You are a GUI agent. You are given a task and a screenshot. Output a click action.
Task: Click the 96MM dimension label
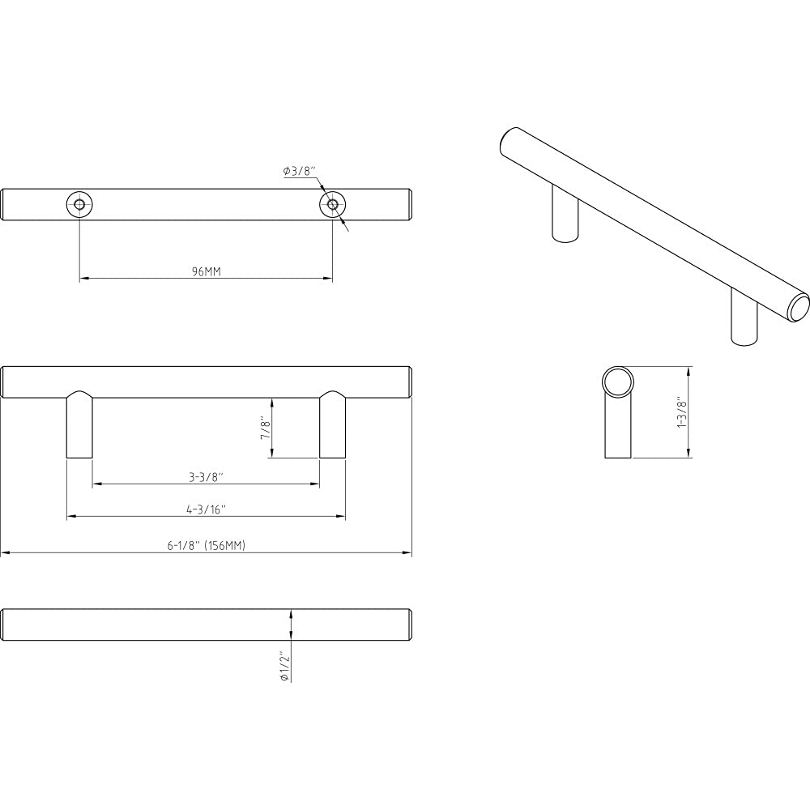click(x=207, y=272)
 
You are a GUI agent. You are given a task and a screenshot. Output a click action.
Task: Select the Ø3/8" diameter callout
click(x=299, y=171)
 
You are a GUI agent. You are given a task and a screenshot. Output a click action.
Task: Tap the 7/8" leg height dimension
click(x=264, y=428)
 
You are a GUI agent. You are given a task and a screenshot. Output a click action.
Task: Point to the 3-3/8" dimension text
click(x=207, y=478)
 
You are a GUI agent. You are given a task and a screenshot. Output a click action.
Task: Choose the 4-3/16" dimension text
click(x=207, y=509)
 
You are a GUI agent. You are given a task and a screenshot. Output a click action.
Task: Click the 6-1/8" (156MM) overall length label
click(x=207, y=546)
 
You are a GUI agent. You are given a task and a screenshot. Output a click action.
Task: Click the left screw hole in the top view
click(x=79, y=204)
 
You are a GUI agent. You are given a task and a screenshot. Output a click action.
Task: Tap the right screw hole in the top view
click(x=332, y=204)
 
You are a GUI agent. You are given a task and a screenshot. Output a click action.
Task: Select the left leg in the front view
click(x=79, y=429)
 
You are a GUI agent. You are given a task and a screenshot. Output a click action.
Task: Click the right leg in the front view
click(x=332, y=429)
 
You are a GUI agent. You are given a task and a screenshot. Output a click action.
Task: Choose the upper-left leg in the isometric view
click(x=565, y=215)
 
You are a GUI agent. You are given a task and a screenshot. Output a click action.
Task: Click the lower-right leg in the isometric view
click(x=744, y=320)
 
